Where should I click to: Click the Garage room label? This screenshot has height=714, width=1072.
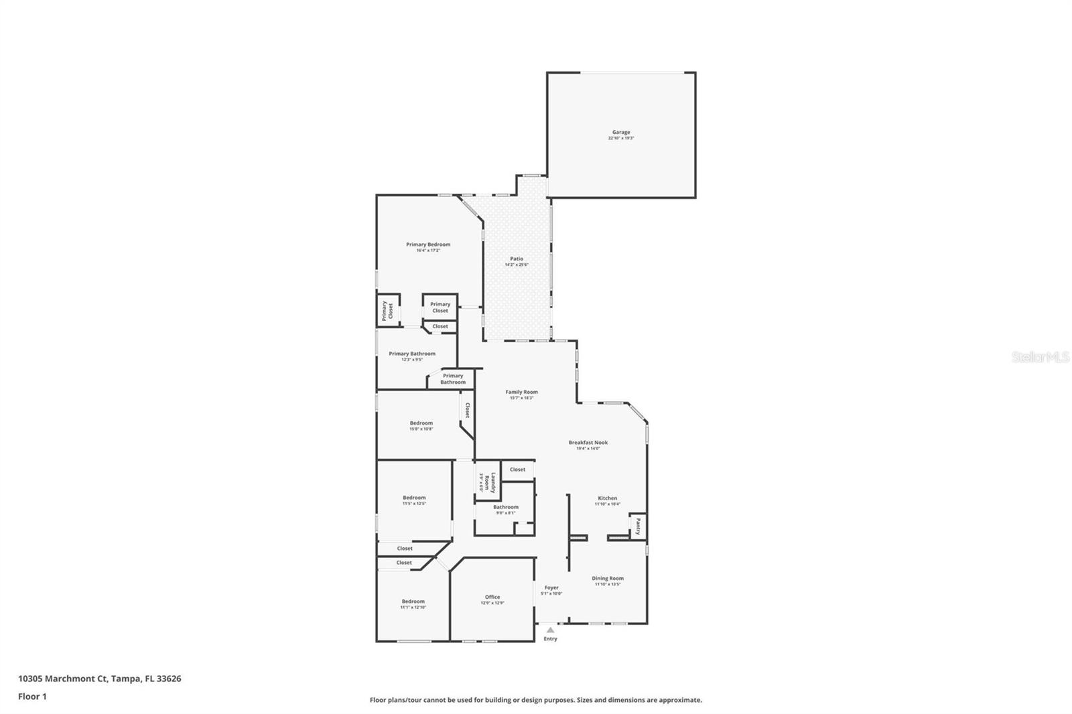(621, 133)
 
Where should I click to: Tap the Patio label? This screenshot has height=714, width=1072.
(517, 259)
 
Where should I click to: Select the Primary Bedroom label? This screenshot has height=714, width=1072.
(428, 244)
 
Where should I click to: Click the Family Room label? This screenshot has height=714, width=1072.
(521, 392)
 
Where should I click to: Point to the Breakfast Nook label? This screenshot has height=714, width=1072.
(588, 443)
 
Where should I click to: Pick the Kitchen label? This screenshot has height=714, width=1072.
(607, 498)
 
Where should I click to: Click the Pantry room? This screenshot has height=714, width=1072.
(638, 526)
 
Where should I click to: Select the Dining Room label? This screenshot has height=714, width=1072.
(608, 579)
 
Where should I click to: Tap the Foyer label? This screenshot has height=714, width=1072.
(551, 588)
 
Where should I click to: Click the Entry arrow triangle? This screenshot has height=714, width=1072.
(550, 630)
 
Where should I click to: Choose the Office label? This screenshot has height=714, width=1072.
(492, 597)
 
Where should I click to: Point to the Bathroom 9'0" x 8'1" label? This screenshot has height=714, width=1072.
(506, 508)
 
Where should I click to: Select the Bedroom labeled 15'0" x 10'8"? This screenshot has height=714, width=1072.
(421, 423)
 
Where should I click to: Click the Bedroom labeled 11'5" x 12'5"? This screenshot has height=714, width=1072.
(414, 498)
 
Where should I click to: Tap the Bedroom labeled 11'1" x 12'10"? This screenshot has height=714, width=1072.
(413, 601)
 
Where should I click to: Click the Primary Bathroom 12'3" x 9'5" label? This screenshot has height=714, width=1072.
(412, 354)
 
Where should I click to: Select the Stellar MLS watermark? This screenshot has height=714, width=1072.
(1041, 358)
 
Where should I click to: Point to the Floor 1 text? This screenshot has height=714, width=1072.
(32, 697)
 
